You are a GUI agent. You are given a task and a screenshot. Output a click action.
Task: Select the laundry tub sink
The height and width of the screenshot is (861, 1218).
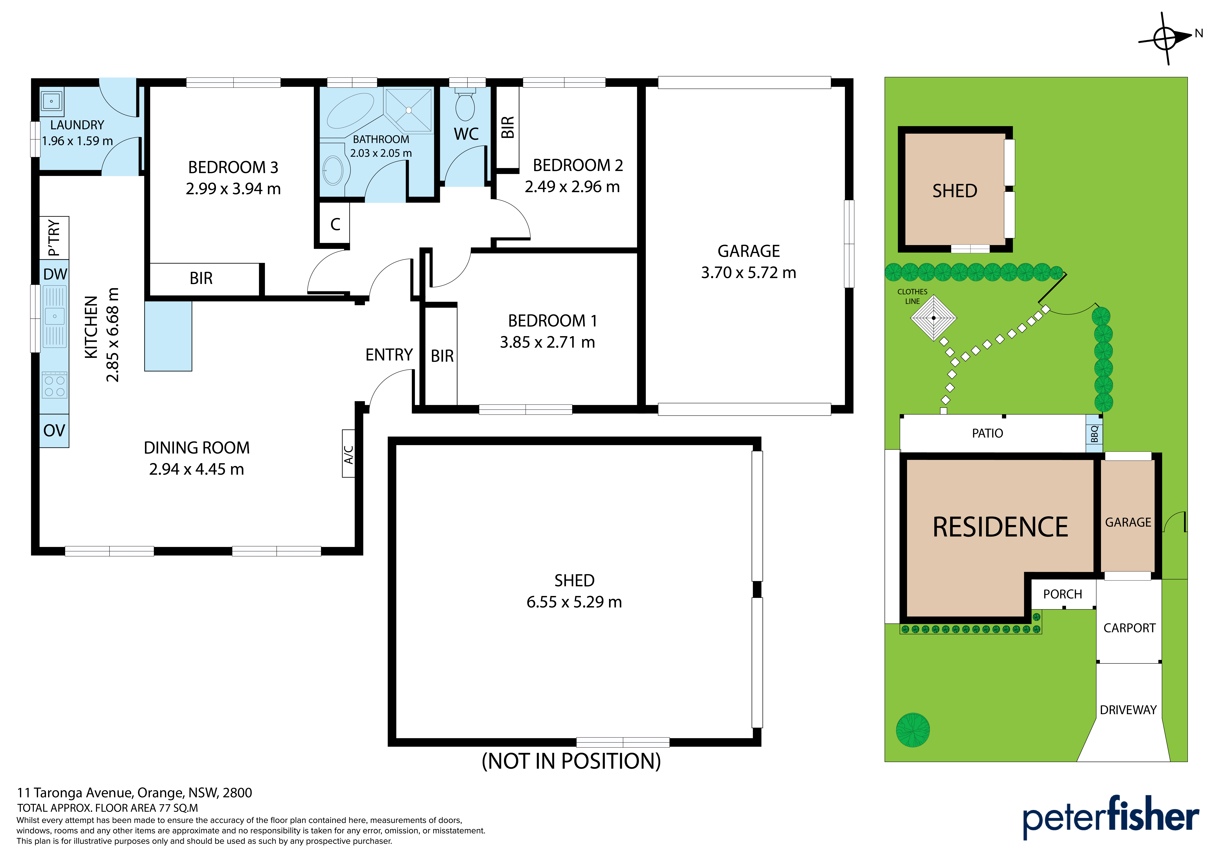51,101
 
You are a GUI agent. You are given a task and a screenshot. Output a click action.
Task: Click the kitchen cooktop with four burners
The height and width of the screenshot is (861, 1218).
55,386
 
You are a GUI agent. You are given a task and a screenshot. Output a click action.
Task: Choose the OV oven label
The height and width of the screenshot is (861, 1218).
54,430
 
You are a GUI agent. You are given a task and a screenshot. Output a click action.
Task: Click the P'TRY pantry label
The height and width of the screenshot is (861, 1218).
54,238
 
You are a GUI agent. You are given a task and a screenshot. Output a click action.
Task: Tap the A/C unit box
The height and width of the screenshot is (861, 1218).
349,453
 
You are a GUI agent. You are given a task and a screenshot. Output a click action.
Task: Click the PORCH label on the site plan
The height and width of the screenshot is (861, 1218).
1063,594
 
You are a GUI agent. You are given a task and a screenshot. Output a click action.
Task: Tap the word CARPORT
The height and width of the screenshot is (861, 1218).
1129,628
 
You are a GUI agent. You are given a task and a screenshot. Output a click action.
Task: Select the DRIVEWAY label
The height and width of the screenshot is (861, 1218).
1128,710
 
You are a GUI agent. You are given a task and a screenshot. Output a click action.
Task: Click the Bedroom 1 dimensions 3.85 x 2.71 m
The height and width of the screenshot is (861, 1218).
548,342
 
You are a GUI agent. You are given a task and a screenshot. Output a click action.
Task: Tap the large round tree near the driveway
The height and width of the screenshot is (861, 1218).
912,730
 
